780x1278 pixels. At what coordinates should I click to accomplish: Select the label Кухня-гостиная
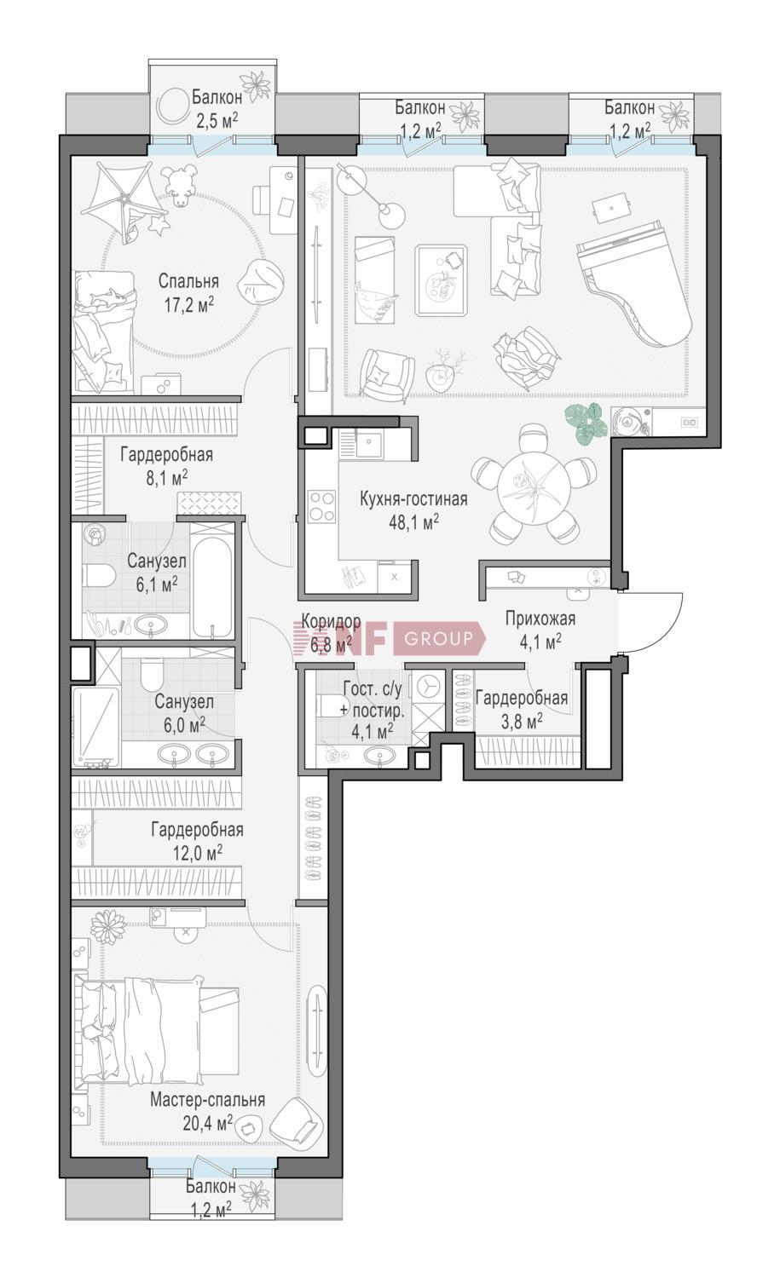click(x=413, y=499)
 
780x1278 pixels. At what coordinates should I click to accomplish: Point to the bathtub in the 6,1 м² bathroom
click(x=212, y=587)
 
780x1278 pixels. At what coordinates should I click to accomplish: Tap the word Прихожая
click(x=540, y=619)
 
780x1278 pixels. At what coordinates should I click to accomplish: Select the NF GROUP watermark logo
click(x=388, y=637)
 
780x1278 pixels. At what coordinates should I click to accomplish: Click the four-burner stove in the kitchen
click(x=322, y=506)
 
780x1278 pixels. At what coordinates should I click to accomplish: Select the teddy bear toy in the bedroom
click(x=180, y=187)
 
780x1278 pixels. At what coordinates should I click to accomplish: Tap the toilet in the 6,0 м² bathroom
click(x=153, y=673)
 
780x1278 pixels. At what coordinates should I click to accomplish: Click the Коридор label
click(x=331, y=621)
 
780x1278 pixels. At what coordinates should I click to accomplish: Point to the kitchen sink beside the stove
click(x=368, y=443)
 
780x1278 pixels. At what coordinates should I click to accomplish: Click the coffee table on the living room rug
click(x=442, y=279)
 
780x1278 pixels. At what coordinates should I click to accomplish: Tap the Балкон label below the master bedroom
click(x=211, y=1186)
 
